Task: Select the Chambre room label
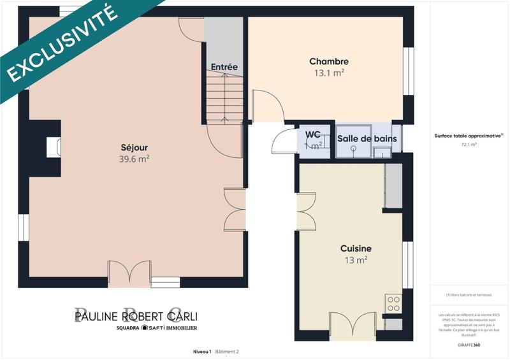328,61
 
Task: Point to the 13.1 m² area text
328,73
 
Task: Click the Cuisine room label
355,248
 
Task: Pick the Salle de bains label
367,139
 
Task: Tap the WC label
312,134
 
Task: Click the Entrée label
224,67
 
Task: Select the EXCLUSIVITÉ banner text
62,43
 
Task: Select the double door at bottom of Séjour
129,272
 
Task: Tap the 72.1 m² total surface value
469,145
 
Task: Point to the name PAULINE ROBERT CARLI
137,316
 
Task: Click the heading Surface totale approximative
468,136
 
